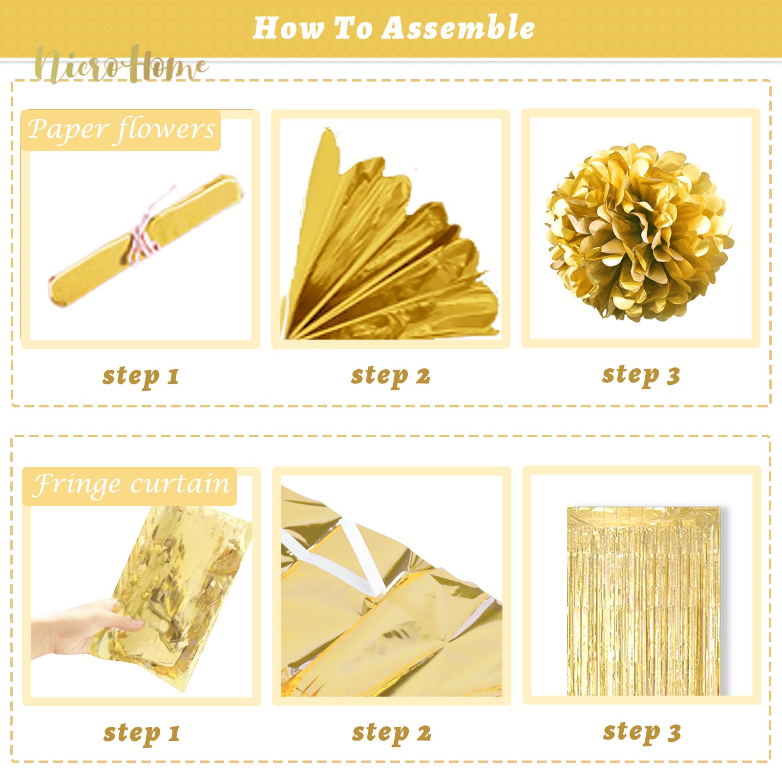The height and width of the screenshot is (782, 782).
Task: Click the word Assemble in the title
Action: point(458,27)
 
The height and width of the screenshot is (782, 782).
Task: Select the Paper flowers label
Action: point(121,130)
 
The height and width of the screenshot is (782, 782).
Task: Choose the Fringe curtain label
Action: point(129,486)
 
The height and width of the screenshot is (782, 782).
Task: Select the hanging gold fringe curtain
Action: point(643,601)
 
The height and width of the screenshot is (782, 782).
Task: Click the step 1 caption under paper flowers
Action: point(141,376)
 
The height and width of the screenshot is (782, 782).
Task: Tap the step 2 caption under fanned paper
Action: point(391,376)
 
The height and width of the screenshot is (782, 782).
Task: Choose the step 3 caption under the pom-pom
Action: point(641,375)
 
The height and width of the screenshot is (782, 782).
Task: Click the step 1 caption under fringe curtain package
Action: point(142,733)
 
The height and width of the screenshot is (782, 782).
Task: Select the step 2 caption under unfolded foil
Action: point(392,733)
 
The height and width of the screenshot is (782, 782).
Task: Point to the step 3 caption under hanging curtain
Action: point(642,732)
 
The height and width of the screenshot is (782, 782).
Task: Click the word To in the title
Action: point(352,27)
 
